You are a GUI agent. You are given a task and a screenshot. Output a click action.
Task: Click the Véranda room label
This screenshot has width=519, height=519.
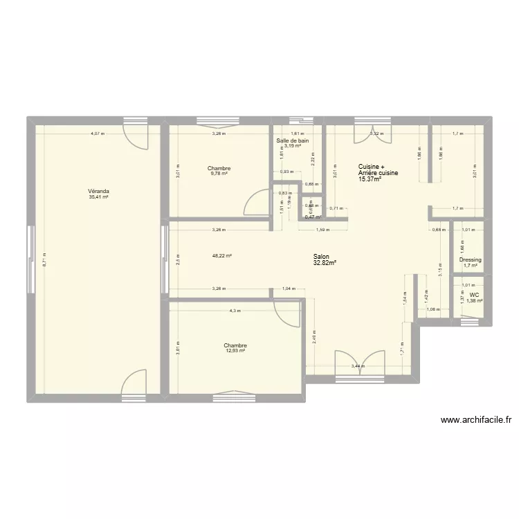pos(98,191)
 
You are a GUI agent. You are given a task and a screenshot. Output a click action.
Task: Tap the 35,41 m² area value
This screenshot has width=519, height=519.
pos(98,197)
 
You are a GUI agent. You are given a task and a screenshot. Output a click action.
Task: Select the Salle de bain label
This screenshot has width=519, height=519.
pos(292,140)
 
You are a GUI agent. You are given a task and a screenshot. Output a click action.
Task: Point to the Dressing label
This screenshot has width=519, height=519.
pos(471,259)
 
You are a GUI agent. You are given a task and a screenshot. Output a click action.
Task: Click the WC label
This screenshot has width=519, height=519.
pos(473,294)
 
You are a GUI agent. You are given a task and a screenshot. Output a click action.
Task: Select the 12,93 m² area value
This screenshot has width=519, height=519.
pos(235,351)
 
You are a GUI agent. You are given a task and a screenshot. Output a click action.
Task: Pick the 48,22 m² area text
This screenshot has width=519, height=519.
pos(222,255)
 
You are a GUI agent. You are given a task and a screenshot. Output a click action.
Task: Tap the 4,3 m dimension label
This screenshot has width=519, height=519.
pos(235,311)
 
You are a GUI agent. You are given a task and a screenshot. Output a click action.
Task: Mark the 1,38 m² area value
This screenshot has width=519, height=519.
pos(474,300)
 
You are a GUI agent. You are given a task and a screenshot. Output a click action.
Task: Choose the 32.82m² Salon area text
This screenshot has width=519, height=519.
pos(325,262)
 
